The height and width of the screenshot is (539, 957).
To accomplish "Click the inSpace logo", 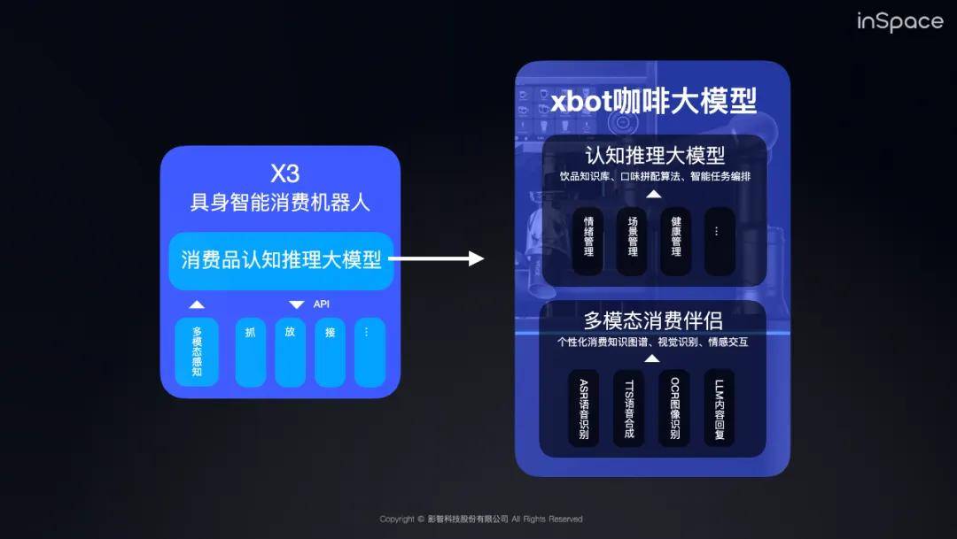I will (x=899, y=21).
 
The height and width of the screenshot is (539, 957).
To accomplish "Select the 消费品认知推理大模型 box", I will (x=281, y=260).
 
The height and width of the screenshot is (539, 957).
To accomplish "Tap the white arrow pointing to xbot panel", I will (x=437, y=258).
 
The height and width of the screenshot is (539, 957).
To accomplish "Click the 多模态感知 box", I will (x=197, y=352).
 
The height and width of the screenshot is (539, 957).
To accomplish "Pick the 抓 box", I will (x=251, y=352).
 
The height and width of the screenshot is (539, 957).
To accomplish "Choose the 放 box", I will (x=290, y=352).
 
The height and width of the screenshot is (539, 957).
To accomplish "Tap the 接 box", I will (x=330, y=352).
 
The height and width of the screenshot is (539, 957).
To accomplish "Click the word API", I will (x=321, y=304).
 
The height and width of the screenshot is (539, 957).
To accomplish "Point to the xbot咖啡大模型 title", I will (x=654, y=101).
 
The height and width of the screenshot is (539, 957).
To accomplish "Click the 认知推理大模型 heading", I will (x=655, y=156).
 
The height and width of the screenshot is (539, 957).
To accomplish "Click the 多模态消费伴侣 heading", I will (x=653, y=320).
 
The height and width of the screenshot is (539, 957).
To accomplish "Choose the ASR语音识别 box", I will (x=583, y=408).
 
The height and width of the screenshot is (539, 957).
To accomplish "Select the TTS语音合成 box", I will (x=629, y=408).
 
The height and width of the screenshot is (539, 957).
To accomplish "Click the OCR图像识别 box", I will (x=674, y=408).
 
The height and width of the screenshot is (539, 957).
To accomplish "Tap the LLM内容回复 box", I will (x=719, y=408).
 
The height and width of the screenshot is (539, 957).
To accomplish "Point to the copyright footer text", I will (x=481, y=520).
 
